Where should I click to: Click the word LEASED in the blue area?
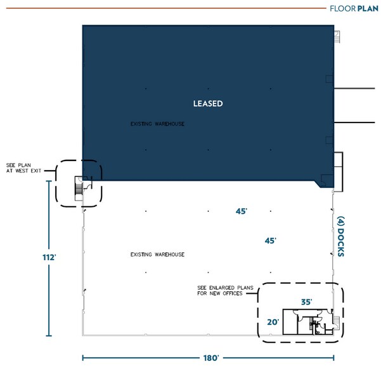(208, 103)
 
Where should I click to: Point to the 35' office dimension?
(306, 302)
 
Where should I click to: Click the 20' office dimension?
(273, 322)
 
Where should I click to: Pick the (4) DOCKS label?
(340, 237)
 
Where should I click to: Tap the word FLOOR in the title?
(342, 8)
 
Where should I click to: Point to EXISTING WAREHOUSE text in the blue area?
(157, 124)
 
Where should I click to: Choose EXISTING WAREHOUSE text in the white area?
(157, 254)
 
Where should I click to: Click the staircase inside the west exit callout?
(79, 188)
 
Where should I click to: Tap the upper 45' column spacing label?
(241, 212)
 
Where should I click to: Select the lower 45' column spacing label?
(270, 240)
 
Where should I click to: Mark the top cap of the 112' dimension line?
(48, 181)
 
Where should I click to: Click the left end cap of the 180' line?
(84, 358)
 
